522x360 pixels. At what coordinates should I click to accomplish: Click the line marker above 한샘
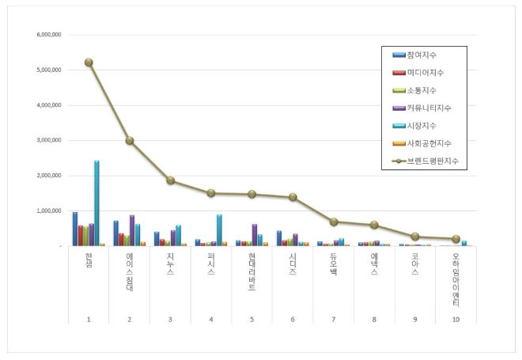point(89,63)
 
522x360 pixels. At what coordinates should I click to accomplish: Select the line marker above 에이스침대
point(130,141)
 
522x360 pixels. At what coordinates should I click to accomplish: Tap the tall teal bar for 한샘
point(96,203)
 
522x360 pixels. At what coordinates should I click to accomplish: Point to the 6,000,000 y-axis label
point(49,35)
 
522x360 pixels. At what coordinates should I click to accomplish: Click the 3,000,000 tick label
point(49,141)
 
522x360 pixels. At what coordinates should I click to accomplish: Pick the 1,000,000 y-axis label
point(49,211)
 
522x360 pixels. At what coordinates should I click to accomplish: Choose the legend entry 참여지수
point(422,55)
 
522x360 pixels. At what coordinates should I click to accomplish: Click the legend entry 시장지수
point(422,125)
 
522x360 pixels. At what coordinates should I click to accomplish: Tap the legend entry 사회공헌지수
point(427,143)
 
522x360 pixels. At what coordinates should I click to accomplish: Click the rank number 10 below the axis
point(456,319)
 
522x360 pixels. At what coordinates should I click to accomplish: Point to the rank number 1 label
point(89,319)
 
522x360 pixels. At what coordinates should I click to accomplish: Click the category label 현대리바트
point(252,272)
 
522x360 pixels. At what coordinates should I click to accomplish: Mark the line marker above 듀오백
point(333,222)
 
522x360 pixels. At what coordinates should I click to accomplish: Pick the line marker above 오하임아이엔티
point(456,239)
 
